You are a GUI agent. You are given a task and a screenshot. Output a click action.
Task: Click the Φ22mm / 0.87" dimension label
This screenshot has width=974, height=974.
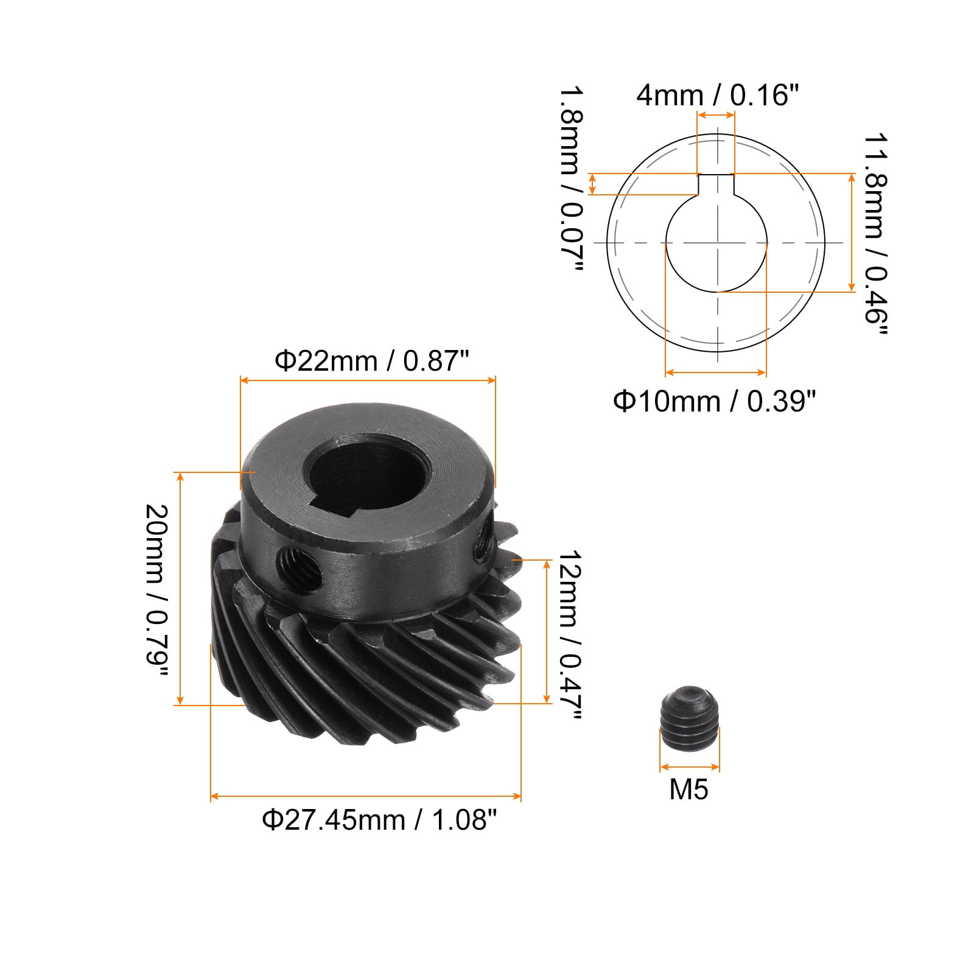[372, 361]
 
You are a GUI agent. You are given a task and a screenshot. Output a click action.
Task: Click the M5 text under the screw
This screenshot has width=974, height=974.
[688, 790]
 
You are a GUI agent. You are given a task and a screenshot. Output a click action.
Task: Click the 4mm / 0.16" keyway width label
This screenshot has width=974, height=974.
[717, 96]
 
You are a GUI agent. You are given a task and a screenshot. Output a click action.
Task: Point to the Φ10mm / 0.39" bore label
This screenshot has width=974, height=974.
[714, 401]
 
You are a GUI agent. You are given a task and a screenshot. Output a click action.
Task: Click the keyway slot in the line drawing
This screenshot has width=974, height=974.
[716, 184]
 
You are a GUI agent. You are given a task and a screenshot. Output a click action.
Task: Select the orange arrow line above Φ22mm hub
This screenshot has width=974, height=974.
[368, 380]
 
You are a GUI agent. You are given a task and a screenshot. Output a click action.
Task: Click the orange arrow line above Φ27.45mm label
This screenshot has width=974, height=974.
[365, 796]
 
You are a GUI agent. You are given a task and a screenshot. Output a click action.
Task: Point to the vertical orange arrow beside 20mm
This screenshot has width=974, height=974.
[180, 588]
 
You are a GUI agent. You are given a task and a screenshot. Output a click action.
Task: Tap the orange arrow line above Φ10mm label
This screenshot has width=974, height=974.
[715, 372]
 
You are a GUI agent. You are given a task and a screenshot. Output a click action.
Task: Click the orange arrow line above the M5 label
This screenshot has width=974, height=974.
[689, 767]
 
